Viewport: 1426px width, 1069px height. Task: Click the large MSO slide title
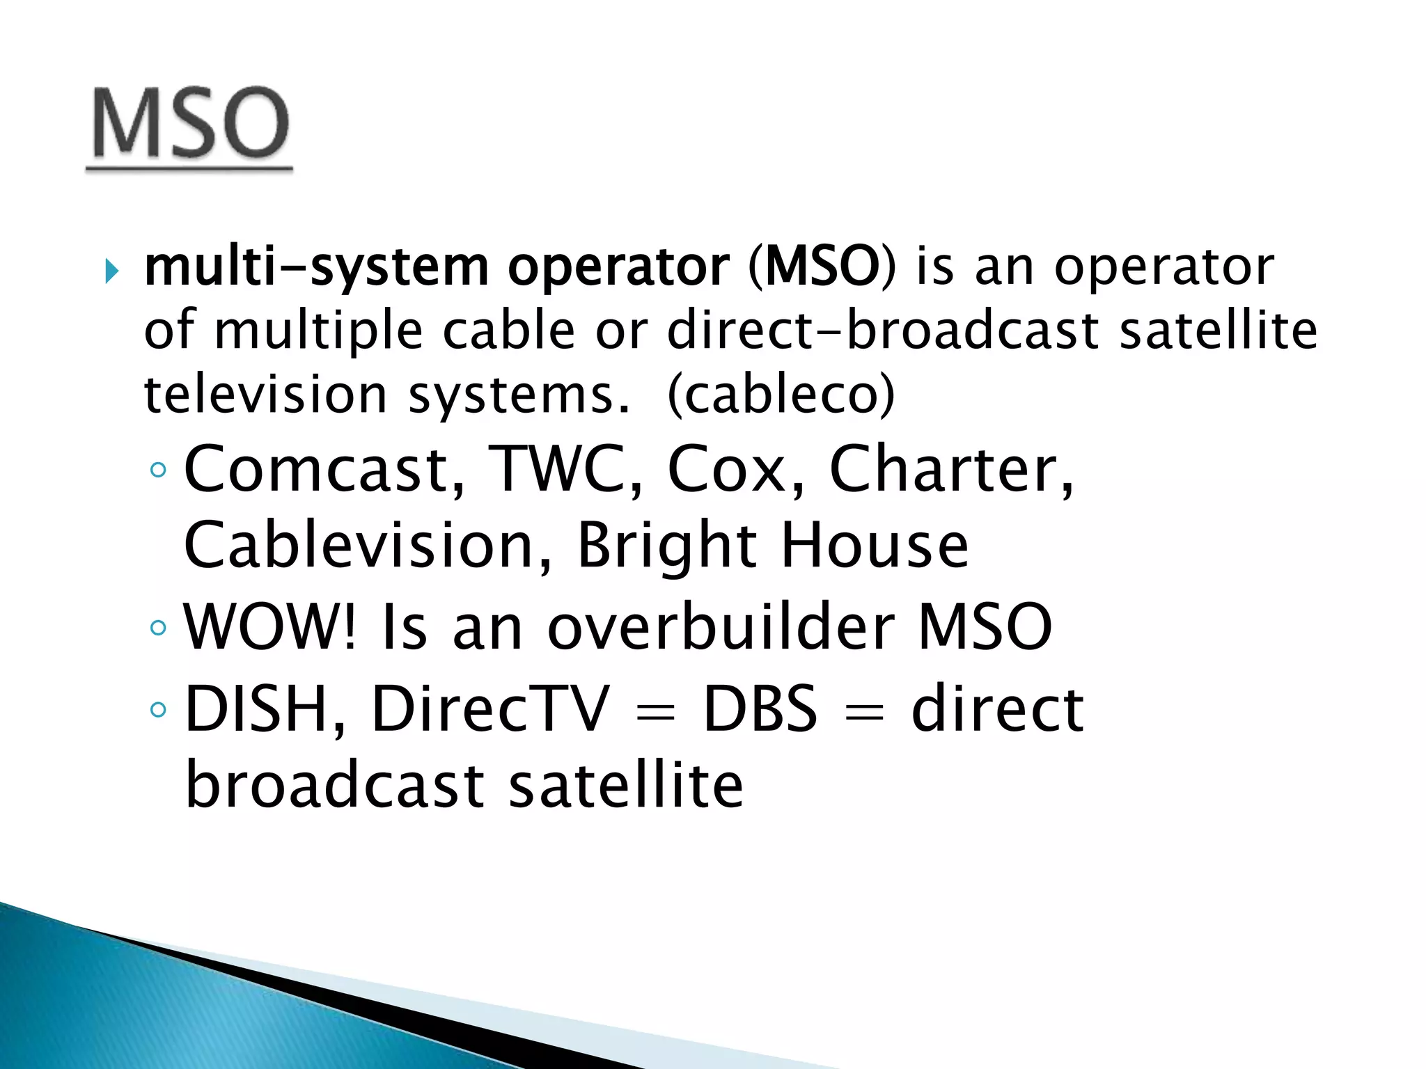(x=190, y=123)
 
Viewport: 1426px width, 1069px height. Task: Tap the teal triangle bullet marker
(x=111, y=271)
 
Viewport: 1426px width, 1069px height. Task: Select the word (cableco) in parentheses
(x=781, y=395)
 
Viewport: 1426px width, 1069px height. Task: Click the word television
(x=265, y=395)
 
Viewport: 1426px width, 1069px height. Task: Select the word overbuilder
(x=721, y=627)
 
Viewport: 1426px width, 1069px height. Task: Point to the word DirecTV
(x=490, y=709)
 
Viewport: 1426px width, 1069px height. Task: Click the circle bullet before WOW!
(x=159, y=628)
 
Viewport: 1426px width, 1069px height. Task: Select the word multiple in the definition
(x=318, y=331)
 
